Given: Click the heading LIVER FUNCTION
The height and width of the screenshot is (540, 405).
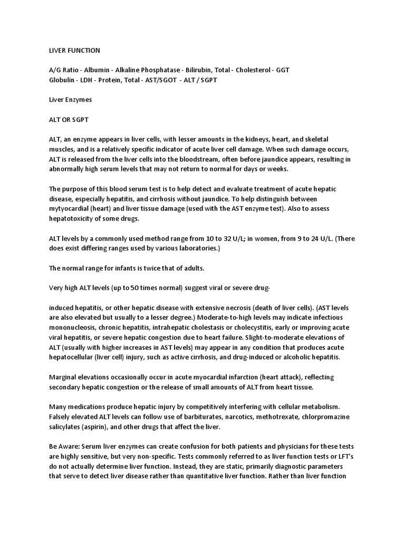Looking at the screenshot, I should click(x=74, y=51).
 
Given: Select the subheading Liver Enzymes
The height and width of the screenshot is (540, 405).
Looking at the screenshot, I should click(x=70, y=99).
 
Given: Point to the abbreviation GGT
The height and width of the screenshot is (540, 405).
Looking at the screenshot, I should click(x=283, y=70).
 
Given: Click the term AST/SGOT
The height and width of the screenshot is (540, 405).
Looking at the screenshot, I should click(x=161, y=80).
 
